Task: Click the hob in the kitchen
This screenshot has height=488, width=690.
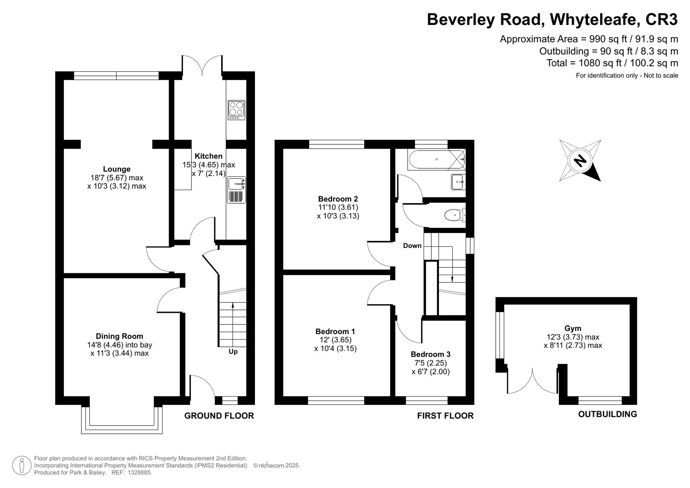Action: [x=236, y=110]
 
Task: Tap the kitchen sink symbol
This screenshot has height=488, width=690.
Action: [x=236, y=190]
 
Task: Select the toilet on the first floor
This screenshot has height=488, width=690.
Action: [x=455, y=215]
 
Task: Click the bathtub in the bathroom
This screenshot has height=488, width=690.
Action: [x=436, y=159]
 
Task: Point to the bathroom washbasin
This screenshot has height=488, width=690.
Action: [x=458, y=182]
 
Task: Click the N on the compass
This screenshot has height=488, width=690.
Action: [x=580, y=160]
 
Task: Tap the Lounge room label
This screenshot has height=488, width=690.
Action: [x=117, y=169]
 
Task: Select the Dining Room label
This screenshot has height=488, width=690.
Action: [x=119, y=336]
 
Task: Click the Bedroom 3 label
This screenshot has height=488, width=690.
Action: [x=431, y=354]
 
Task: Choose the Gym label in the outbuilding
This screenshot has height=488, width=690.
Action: [x=573, y=328]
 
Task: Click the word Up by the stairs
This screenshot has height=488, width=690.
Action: [x=233, y=352]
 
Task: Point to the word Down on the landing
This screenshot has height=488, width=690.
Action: [x=412, y=246]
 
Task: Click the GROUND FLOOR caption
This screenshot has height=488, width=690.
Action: [x=219, y=416]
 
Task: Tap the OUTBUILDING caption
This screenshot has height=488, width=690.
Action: [x=608, y=414]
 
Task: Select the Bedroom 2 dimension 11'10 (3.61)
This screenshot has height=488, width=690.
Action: [x=338, y=207]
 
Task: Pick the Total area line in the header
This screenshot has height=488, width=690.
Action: [x=612, y=63]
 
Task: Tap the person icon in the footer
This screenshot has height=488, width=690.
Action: [x=22, y=466]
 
